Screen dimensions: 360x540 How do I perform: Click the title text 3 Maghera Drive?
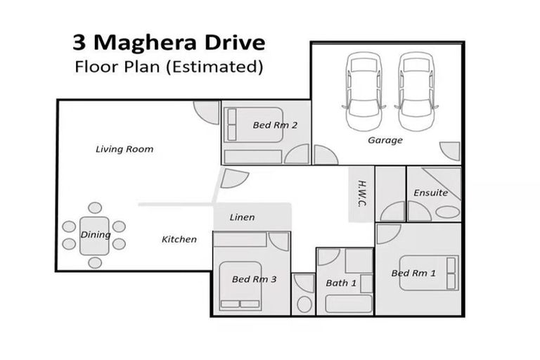pyautogui.click(x=169, y=42)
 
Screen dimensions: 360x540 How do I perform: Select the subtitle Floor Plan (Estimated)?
pyautogui.click(x=169, y=67)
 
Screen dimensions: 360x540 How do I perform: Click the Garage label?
pyautogui.click(x=385, y=140)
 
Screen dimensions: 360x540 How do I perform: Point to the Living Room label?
pyautogui.click(x=124, y=149)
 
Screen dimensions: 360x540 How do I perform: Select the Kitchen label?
pyautogui.click(x=179, y=239)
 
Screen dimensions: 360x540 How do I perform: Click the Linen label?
pyautogui.click(x=242, y=217)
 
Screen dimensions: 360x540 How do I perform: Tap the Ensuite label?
pyautogui.click(x=430, y=193)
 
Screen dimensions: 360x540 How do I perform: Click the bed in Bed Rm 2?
pyautogui.click(x=253, y=125)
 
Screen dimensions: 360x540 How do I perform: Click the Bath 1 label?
pyautogui.click(x=341, y=283)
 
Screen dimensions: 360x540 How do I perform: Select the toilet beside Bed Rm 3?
pyautogui.click(x=304, y=304)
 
